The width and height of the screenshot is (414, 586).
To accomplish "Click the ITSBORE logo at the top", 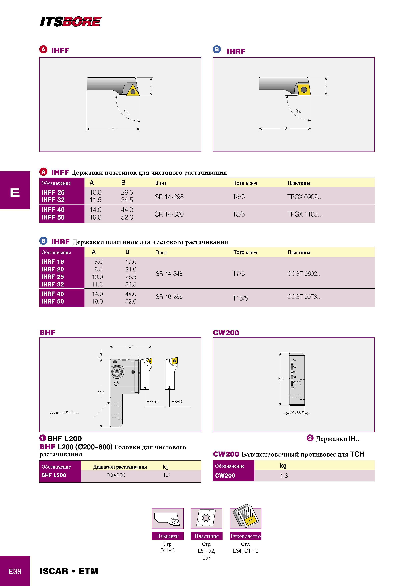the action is (x=71, y=22).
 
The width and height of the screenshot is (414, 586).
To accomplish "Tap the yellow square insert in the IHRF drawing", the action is (x=304, y=90).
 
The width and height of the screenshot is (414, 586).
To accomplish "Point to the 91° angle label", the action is (x=127, y=112).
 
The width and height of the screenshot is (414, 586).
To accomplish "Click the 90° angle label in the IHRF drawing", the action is (x=298, y=111).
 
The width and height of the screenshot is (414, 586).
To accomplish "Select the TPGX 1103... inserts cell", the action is (x=305, y=214).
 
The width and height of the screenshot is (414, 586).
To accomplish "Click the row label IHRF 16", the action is (x=53, y=262).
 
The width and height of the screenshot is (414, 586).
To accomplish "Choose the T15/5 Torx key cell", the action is (x=240, y=298).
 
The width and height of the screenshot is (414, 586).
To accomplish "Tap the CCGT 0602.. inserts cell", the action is (x=303, y=274).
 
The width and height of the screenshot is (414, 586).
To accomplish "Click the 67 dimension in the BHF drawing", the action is (x=131, y=346).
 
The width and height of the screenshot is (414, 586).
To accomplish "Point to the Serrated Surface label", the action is (x=64, y=413).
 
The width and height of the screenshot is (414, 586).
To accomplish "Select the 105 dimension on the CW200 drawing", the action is (x=280, y=379).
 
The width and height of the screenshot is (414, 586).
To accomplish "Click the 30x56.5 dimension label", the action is (x=297, y=413).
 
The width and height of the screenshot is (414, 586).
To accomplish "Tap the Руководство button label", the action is (x=246, y=536).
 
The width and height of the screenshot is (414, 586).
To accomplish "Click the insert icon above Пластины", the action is (x=206, y=518).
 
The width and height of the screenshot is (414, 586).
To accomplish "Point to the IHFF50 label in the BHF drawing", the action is (x=152, y=401).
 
